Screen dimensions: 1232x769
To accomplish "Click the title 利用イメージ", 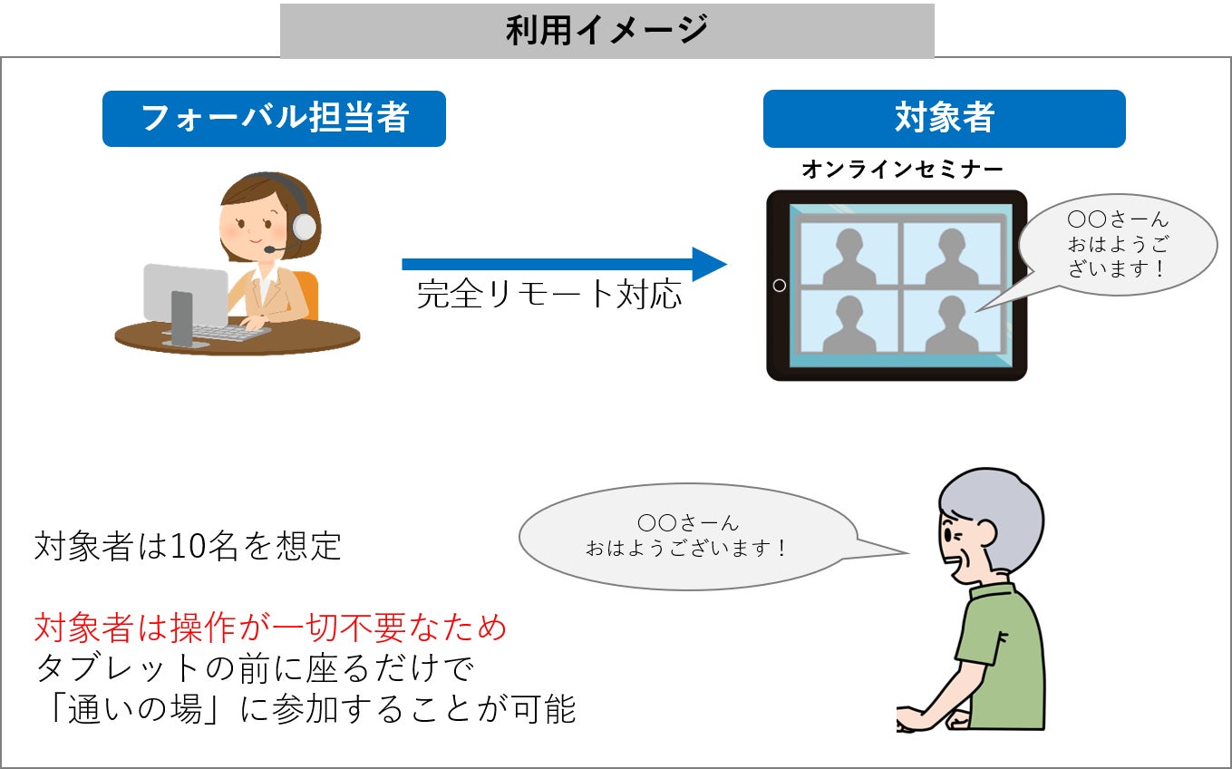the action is (x=606, y=31).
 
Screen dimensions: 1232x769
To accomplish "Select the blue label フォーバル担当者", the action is (x=274, y=118).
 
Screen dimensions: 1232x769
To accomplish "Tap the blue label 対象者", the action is (x=944, y=118).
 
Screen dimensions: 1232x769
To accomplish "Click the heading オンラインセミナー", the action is (x=902, y=170).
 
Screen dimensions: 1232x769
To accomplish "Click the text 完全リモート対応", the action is (x=549, y=295).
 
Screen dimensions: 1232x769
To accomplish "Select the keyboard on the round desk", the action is (x=230, y=332).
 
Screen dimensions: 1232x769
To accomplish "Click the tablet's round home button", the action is (x=779, y=286).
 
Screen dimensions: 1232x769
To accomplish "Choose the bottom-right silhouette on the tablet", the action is (x=950, y=322).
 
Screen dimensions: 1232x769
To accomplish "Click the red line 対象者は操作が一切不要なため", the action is (x=270, y=627).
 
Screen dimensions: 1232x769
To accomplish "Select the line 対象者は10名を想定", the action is (x=188, y=547).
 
